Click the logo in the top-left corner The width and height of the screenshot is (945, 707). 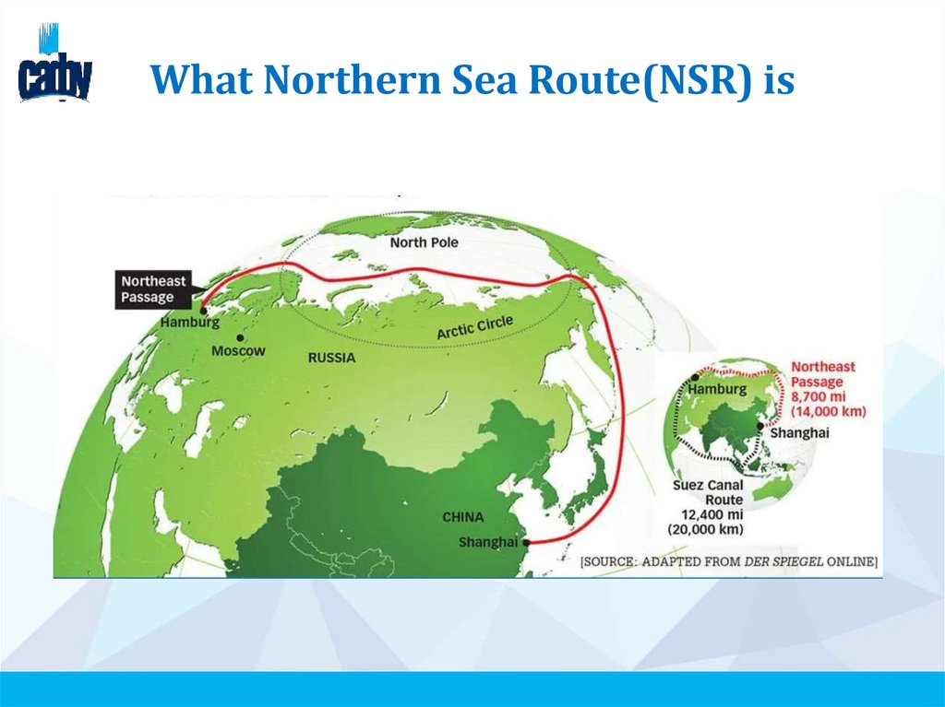[x=54, y=66]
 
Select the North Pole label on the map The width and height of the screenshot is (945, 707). [x=424, y=242]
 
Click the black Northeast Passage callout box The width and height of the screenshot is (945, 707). [x=153, y=289]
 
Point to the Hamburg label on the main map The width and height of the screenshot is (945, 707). [x=189, y=324]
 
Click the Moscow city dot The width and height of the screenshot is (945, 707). [x=240, y=338]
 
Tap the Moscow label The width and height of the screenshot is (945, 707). [x=238, y=351]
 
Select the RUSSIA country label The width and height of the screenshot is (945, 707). [x=331, y=358]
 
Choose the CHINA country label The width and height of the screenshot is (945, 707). [x=462, y=517]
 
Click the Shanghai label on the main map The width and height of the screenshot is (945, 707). [x=487, y=542]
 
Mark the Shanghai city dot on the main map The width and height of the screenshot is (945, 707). [x=526, y=544]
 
